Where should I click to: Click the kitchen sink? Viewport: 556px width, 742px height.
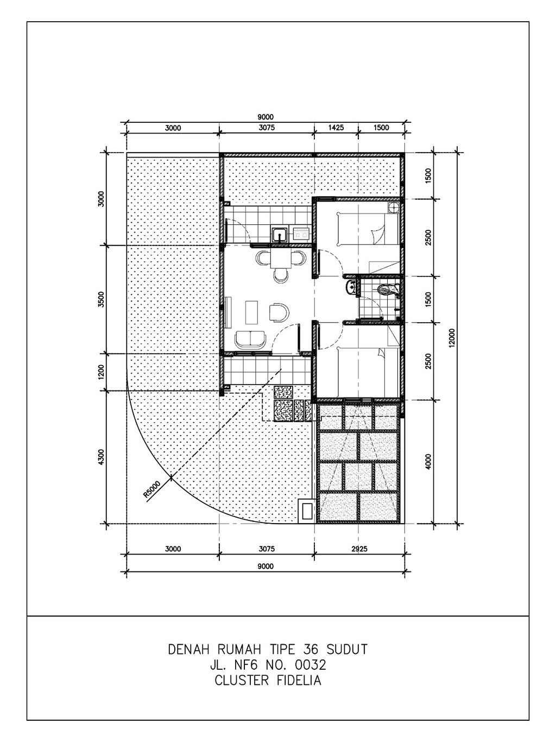[280, 234]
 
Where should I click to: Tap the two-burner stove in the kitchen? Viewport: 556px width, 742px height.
[301, 234]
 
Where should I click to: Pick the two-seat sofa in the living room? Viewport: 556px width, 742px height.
[250, 341]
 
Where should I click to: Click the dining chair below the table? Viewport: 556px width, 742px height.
[280, 275]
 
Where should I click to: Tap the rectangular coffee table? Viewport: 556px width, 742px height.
[251, 311]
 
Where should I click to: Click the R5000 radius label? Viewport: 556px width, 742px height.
[152, 490]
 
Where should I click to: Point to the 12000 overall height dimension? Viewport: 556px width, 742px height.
[452, 338]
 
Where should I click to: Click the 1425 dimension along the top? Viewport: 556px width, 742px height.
[336, 128]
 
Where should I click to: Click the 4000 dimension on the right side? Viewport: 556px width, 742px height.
[428, 461]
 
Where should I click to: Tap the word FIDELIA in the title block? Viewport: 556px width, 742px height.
[299, 681]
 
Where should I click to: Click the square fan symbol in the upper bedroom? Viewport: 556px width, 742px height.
[394, 208]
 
